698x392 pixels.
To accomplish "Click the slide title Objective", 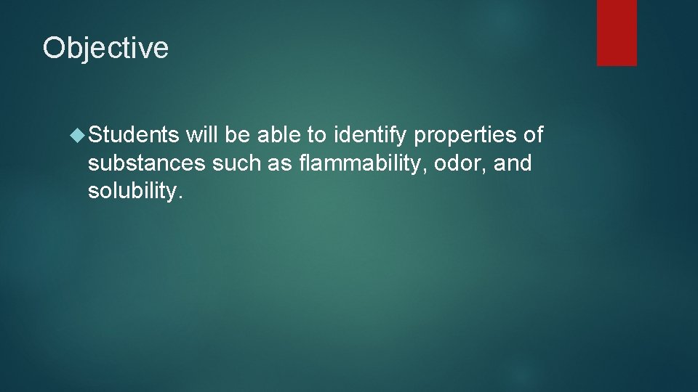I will pos(105,48).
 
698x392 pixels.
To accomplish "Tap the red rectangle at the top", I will pos(617,33).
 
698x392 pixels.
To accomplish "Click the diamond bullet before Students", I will pos(79,134).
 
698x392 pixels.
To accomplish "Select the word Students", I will pos(135,134).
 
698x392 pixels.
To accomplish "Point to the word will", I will pos(201,134).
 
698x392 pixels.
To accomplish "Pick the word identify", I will pos(371,135).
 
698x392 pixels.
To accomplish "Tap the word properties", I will pos(466,135).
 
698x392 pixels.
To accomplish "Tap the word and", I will pos(513,163).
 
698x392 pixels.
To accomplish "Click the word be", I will pos(236,134).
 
